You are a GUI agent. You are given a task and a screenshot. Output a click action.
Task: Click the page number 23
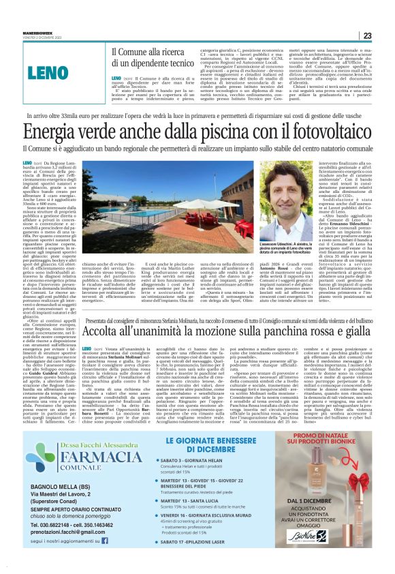pos(367,35)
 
